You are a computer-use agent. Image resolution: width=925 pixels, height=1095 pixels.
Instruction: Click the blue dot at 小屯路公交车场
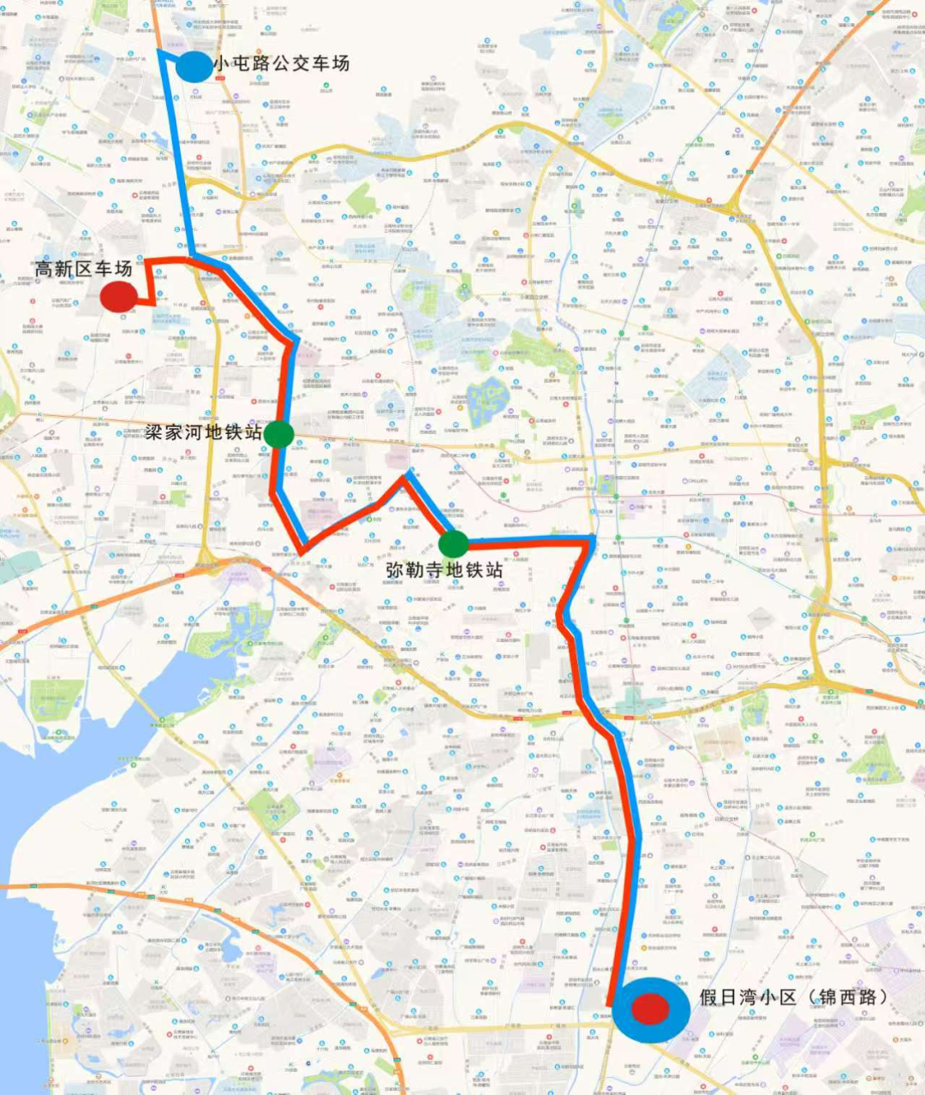coord(194,66)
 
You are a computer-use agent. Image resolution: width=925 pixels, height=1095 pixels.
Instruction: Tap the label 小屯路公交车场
coord(282,63)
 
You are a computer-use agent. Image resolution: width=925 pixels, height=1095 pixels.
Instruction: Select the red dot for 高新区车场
coord(119,296)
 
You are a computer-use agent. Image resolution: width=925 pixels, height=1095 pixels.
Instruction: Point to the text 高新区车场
coord(84,269)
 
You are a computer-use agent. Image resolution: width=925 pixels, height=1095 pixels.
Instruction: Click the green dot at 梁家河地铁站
coord(279,434)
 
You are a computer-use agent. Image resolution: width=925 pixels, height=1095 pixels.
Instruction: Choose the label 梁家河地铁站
coord(204,432)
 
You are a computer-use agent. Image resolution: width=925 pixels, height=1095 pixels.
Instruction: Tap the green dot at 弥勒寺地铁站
coord(453,543)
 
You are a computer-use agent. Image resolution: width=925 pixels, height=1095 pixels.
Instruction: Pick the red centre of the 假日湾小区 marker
coord(651,1009)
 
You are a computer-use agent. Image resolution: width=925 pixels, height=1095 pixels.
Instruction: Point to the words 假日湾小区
coord(749,997)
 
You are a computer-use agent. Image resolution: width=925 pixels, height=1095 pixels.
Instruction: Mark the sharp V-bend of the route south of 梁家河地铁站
coord(301,549)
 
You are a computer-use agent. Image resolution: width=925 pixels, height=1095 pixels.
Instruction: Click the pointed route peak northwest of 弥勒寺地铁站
coord(406,476)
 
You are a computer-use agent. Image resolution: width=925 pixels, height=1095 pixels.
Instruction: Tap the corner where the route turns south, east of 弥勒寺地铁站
coord(592,539)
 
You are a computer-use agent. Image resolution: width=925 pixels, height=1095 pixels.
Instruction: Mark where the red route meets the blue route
coord(195,259)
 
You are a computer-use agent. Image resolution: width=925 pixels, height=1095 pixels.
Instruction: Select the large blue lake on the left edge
coord(51,822)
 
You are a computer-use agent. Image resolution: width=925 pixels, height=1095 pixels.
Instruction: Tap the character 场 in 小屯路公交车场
coord(340,63)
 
